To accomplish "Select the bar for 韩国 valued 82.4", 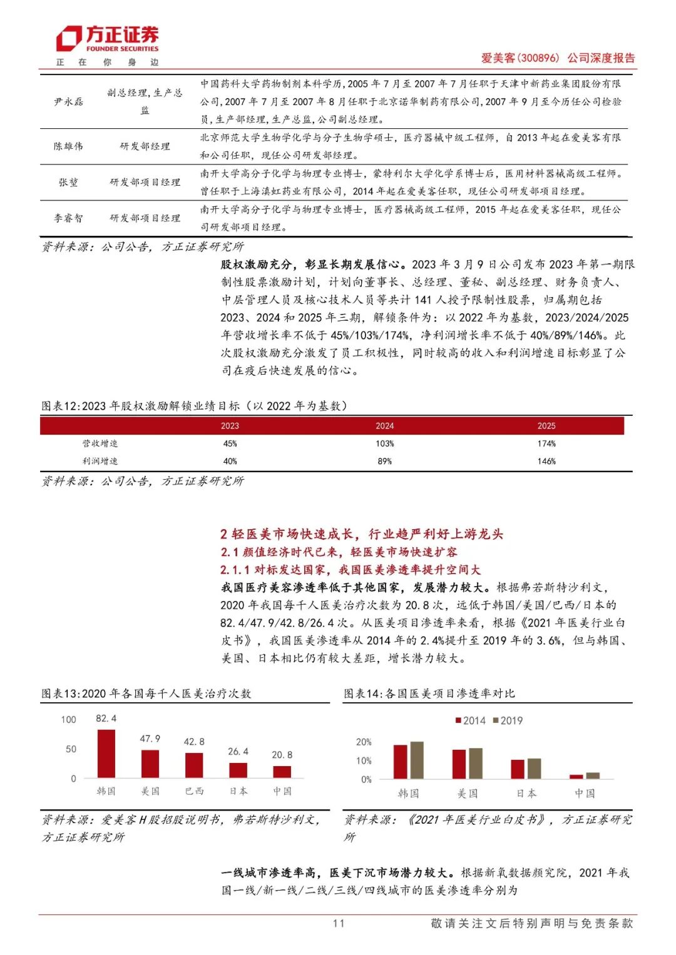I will click(x=106, y=754).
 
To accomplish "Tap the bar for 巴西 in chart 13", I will click(x=194, y=765).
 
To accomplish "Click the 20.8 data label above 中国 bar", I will click(x=282, y=755).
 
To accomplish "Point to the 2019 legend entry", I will click(x=508, y=720).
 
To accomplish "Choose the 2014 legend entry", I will click(x=471, y=720).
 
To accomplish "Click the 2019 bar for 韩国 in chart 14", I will click(x=417, y=760).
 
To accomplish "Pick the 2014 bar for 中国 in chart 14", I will click(x=576, y=777).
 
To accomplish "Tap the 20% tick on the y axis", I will click(x=364, y=742).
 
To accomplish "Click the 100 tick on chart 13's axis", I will click(x=69, y=719).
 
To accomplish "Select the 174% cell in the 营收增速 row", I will click(x=546, y=443).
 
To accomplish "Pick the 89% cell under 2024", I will click(x=384, y=461).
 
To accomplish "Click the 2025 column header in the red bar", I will click(x=546, y=426).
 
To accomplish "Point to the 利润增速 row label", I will click(x=100, y=461).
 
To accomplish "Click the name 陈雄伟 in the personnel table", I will click(x=68, y=146).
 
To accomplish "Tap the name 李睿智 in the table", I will click(x=68, y=218).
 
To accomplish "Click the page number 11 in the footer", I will click(x=339, y=923).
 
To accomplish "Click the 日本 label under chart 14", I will click(x=526, y=793).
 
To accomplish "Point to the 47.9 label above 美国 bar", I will click(x=150, y=739).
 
